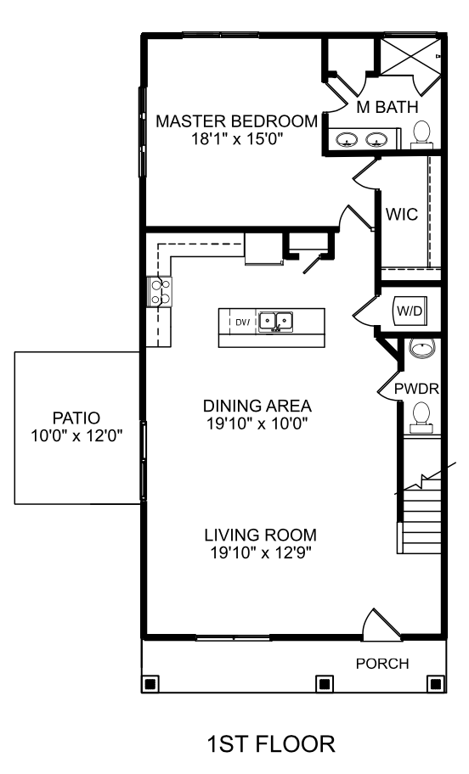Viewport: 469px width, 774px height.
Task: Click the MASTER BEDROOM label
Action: [237, 121]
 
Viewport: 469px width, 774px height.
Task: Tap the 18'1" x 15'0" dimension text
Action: [237, 138]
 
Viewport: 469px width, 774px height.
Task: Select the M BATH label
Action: [387, 107]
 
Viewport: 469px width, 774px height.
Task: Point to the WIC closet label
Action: [402, 214]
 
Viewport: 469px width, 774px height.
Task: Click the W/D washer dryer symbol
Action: [410, 311]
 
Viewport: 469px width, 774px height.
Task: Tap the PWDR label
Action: [416, 389]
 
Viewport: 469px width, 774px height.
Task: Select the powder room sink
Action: [421, 348]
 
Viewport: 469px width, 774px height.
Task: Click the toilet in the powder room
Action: [421, 418]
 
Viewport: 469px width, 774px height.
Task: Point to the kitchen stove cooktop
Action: [160, 292]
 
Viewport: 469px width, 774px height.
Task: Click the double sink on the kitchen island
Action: [276, 322]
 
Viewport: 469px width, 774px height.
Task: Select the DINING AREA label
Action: [257, 406]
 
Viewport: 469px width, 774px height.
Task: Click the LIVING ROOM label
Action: [261, 535]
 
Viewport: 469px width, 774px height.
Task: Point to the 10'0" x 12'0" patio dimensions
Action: [76, 436]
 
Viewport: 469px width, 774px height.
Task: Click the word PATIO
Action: [76, 418]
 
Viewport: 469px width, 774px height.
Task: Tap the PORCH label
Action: [382, 664]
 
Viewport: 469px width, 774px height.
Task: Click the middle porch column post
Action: [324, 684]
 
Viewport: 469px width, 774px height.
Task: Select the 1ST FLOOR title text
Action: [271, 744]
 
